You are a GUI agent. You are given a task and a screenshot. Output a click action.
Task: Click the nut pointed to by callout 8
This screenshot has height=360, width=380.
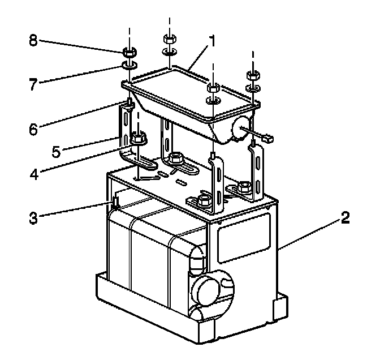(129, 52)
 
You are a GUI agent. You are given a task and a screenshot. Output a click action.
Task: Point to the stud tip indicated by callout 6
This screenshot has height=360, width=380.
(129, 102)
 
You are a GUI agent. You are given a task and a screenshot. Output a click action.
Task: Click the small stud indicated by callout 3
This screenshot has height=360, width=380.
(114, 202)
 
